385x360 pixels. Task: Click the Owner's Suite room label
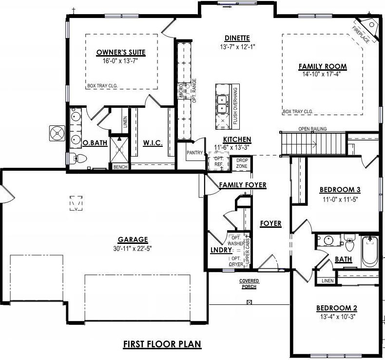click(x=121, y=52)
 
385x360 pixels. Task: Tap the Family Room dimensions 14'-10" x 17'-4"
click(x=322, y=74)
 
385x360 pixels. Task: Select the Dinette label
click(x=237, y=38)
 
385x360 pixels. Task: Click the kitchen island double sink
click(x=222, y=105)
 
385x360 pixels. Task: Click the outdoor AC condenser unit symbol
click(x=57, y=133)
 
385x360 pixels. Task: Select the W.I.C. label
click(x=153, y=143)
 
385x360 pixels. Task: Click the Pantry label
click(x=195, y=153)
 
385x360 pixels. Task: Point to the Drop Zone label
click(x=242, y=163)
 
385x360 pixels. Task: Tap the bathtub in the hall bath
click(x=370, y=251)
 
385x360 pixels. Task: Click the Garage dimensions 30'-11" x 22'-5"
click(x=133, y=248)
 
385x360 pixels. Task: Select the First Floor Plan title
click(x=162, y=343)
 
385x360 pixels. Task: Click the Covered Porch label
click(x=249, y=284)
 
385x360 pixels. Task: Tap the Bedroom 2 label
click(x=337, y=308)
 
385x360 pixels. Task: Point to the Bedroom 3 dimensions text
click(x=340, y=200)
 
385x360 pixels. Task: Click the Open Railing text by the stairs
click(x=312, y=129)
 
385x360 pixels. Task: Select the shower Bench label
click(x=120, y=167)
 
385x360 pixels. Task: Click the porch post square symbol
click(x=250, y=302)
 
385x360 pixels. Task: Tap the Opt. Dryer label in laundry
click(x=236, y=261)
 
